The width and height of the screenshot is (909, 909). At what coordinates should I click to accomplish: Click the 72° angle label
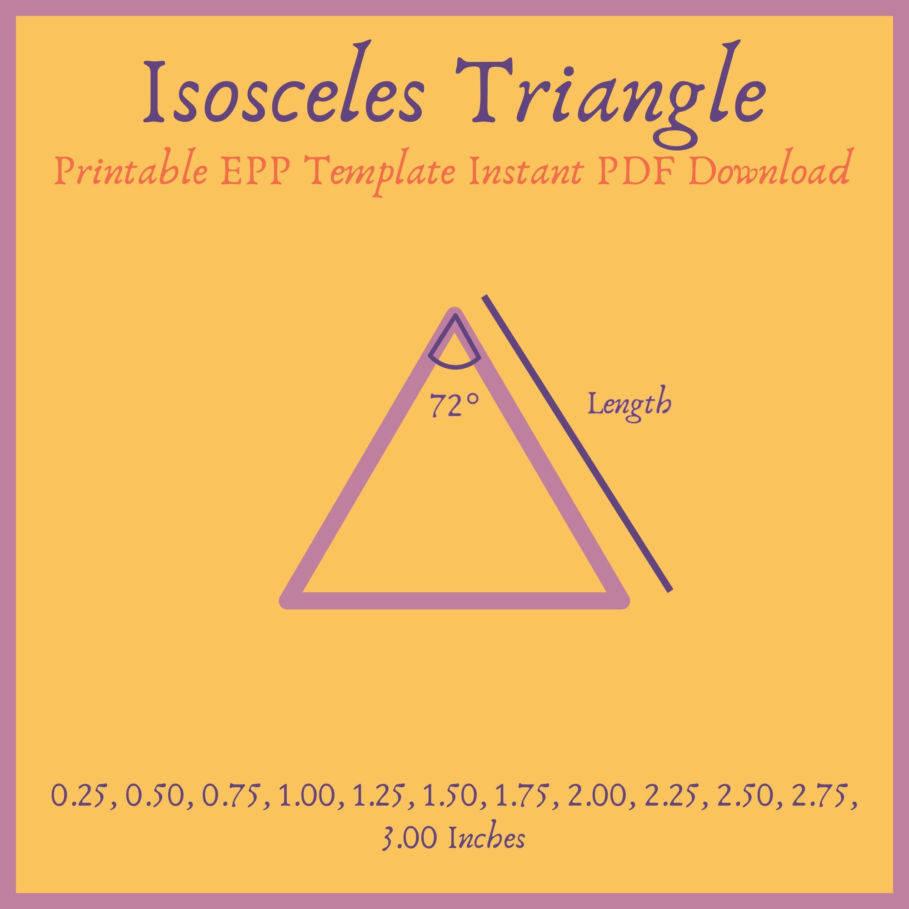[454, 406]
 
